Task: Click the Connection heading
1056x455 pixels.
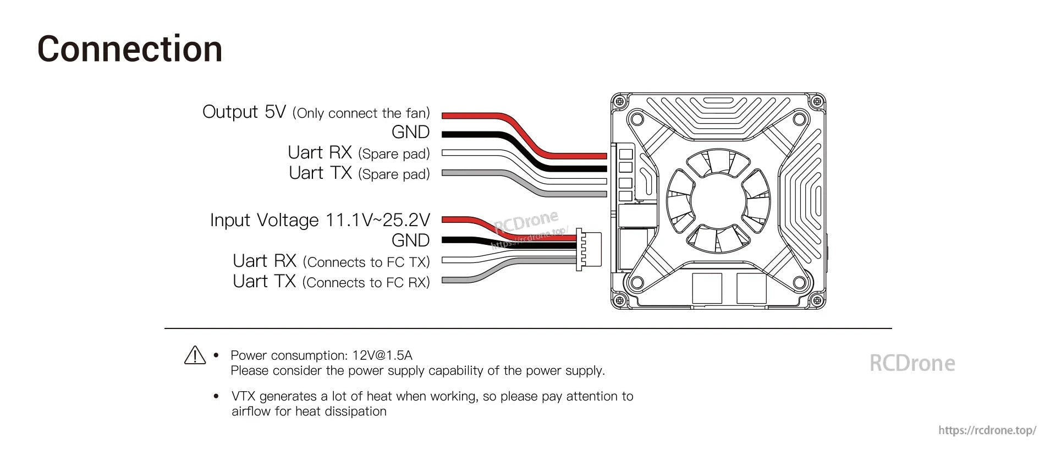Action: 130,50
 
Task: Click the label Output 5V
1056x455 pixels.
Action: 244,112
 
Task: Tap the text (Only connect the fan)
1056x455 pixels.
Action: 361,113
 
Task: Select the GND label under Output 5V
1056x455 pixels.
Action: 410,132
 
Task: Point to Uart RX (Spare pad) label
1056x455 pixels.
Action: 359,153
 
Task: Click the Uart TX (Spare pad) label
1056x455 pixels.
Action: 359,173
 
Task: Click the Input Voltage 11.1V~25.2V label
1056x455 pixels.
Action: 320,220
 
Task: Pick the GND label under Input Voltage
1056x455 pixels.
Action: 410,240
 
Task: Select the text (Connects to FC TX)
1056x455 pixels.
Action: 366,262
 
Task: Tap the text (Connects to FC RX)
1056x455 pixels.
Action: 366,282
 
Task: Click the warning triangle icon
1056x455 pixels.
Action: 195,355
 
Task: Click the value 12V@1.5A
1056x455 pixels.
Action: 382,355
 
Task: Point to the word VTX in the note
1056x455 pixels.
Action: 244,396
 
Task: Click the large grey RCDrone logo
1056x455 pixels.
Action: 912,363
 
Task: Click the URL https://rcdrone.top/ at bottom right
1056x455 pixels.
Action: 987,430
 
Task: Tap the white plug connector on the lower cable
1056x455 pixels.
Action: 588,250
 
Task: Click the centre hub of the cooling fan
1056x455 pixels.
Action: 717,200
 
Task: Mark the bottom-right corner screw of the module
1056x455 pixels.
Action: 817,300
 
